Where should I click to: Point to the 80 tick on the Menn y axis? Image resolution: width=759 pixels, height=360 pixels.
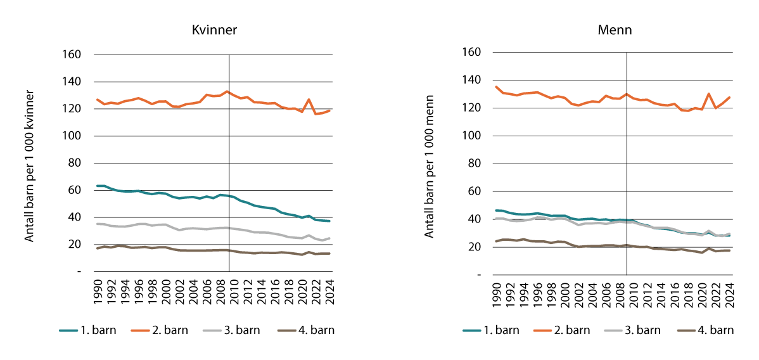click(x=473, y=164)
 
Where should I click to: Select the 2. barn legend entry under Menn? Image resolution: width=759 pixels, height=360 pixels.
click(x=573, y=330)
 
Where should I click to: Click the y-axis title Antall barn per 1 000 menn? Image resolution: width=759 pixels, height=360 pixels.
click(x=430, y=166)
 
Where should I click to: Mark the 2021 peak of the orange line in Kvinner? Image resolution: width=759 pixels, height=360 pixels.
click(x=309, y=100)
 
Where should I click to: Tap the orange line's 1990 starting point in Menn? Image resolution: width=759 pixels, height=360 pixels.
click(x=496, y=87)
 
